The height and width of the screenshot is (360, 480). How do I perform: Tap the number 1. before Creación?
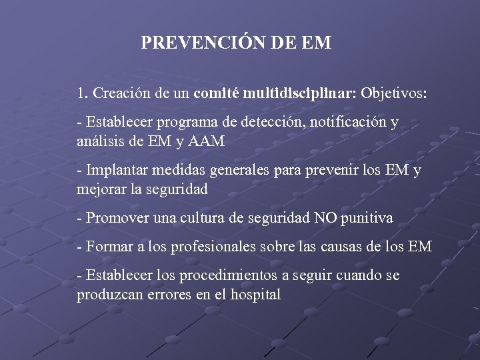pyautogui.click(x=83, y=93)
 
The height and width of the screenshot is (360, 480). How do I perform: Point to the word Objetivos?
pyautogui.click(x=394, y=93)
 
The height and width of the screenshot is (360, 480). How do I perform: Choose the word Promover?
pyautogui.click(x=113, y=218)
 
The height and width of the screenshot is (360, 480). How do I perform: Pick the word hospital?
pyautogui.click(x=255, y=294)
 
